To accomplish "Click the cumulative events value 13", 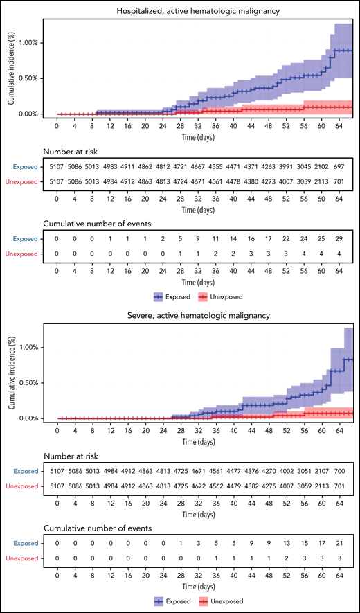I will click(x=286, y=542).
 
